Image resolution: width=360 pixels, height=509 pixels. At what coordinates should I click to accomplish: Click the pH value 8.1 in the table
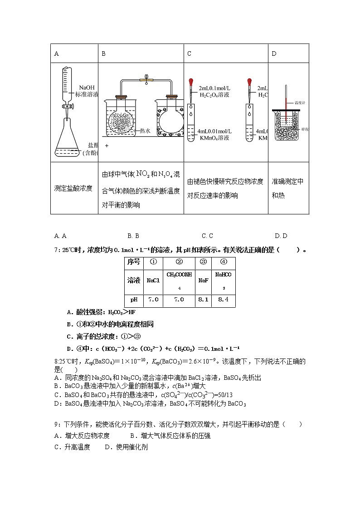[203, 300]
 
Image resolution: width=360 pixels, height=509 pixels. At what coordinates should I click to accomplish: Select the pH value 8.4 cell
[223, 300]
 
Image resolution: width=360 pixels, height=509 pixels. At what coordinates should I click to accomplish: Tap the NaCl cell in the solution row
[153, 281]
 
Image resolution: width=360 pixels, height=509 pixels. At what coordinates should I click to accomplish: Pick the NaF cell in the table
[203, 281]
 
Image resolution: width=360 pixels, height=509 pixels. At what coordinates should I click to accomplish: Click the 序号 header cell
[134, 262]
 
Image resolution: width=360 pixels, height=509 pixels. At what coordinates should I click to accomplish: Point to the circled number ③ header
[203, 262]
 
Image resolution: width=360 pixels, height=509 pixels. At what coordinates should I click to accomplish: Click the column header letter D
[274, 53]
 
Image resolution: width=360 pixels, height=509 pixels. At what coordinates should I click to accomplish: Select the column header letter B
[104, 53]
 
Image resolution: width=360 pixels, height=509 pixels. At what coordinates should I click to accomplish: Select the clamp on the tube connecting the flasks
[146, 80]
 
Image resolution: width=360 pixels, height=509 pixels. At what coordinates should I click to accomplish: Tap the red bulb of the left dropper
[191, 83]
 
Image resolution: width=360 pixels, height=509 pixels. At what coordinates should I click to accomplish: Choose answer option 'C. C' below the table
[207, 236]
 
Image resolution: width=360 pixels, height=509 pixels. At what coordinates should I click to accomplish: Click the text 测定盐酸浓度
[73, 188]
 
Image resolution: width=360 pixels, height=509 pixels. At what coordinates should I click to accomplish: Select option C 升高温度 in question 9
[72, 447]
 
